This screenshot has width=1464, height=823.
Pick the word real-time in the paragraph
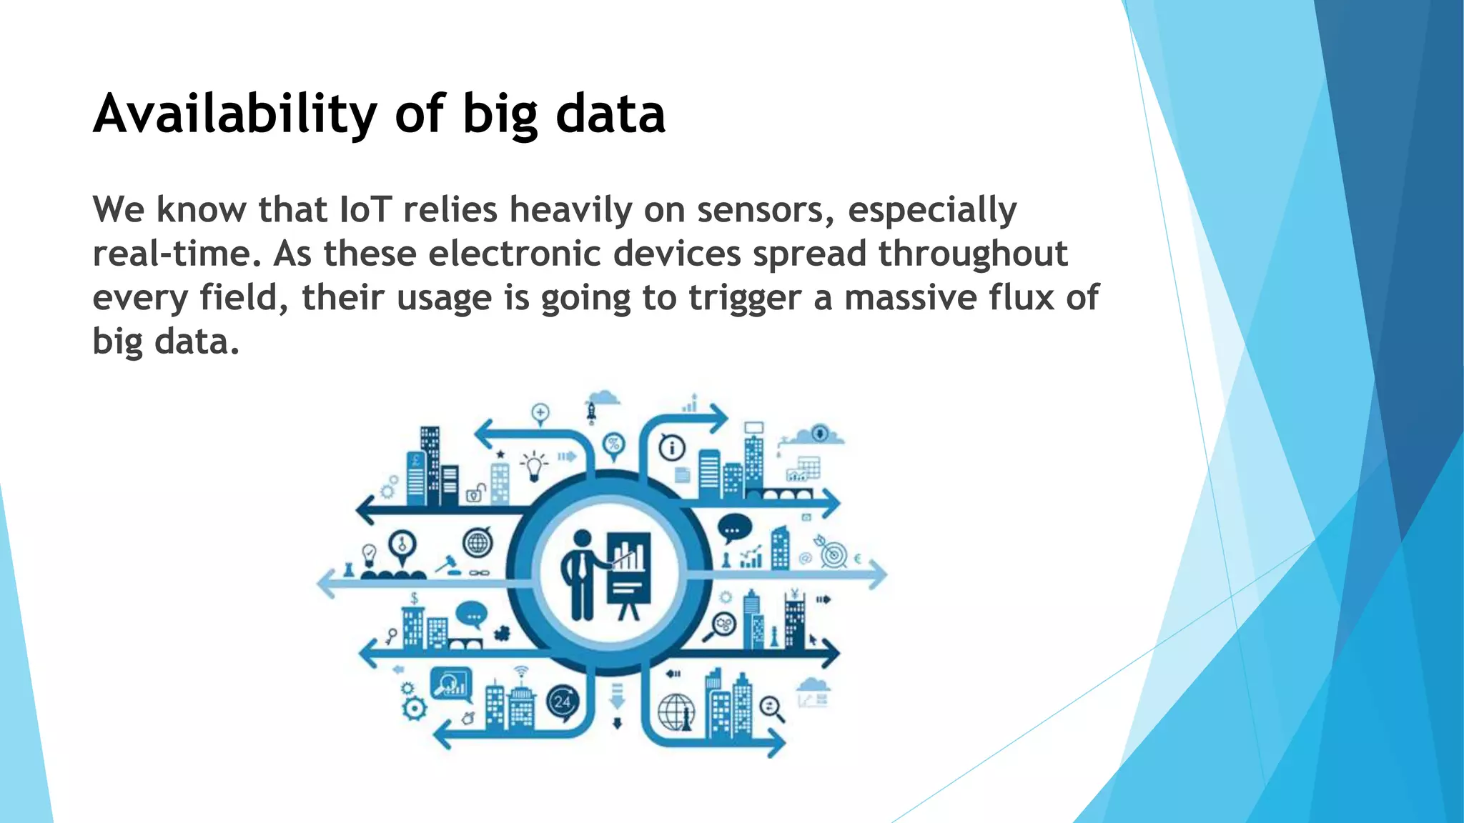click(x=177, y=254)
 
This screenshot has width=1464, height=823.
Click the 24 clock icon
click(x=563, y=702)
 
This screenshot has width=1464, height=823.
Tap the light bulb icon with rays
click(x=533, y=465)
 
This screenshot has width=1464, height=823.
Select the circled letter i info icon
click(x=672, y=449)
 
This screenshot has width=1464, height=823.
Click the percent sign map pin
click(x=613, y=445)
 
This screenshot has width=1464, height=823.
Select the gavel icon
click(x=447, y=564)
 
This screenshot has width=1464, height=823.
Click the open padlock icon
click(x=475, y=492)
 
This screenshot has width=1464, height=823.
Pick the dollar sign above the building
click(x=414, y=598)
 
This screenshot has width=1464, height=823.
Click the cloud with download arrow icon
click(x=821, y=433)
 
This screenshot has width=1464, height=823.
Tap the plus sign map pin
click(x=540, y=413)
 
